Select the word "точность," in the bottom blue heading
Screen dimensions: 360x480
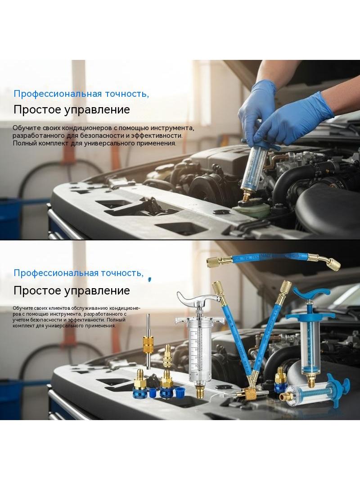pyautogui.click(x=125, y=273)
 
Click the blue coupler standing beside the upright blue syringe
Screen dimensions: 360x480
pyautogui.click(x=279, y=380)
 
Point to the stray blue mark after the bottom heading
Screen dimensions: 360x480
pyautogui.click(x=149, y=279)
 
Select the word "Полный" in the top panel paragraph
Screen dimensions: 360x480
pyautogui.click(x=24, y=143)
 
